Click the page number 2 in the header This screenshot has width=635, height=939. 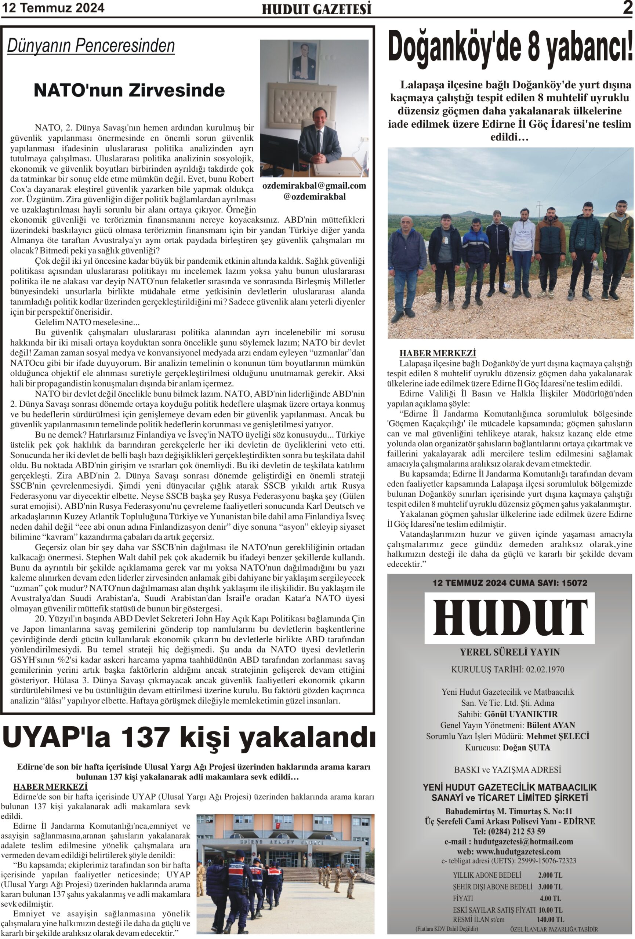(x=627, y=8)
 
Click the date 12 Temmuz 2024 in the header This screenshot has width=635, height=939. (x=53, y=8)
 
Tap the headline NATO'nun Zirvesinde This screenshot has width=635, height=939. (x=129, y=90)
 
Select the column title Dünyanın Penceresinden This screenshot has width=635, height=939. (x=91, y=45)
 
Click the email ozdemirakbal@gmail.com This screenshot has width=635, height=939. (x=314, y=186)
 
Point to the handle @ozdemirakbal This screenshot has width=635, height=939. (x=315, y=197)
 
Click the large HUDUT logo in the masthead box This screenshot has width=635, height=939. (x=509, y=617)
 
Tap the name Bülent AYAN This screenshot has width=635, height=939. (x=551, y=725)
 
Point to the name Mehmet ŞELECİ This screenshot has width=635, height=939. (x=558, y=736)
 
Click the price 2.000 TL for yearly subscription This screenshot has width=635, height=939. (x=550, y=876)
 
